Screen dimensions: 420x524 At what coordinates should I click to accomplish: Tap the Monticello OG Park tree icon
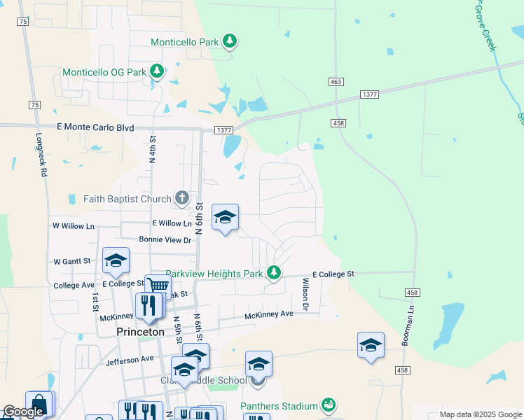pos(158,71)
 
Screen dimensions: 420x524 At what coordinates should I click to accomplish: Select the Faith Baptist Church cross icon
pos(182,198)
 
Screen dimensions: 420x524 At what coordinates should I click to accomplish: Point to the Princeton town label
pos(141,332)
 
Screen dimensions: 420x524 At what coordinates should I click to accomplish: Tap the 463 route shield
pos(336,82)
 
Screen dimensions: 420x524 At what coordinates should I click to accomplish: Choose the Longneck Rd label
pos(43,161)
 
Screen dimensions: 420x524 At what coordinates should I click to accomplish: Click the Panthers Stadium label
pos(280,406)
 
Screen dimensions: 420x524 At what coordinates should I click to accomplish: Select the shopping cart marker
pos(158,286)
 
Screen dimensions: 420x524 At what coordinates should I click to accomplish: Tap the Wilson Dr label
pos(305,293)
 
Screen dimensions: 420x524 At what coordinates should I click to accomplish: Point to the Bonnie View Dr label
pos(165,239)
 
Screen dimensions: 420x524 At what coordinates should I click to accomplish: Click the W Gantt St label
pos(72,261)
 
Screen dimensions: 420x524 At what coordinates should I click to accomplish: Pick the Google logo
pos(22,412)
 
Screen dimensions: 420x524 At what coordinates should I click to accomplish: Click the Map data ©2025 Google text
pos(480,414)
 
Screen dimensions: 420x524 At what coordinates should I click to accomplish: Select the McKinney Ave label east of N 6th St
pos(268,316)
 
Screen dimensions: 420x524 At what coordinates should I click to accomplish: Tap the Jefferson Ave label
pos(130,359)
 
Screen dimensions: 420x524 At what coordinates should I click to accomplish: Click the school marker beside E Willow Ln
pos(225,218)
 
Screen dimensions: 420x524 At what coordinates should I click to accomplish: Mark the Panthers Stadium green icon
pos(328,405)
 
